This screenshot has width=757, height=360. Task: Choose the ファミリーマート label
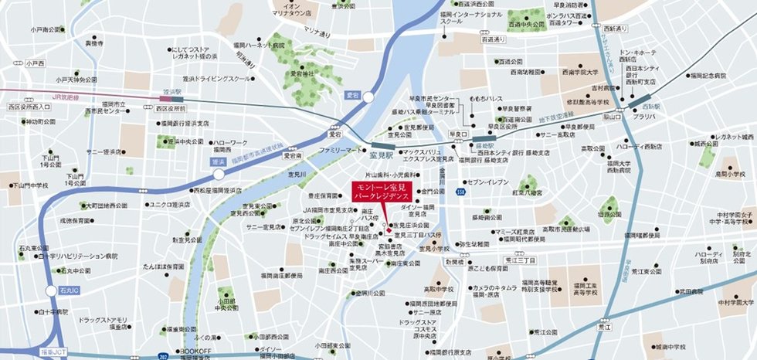pos(341,149)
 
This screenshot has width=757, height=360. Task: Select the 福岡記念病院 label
pos(708,76)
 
